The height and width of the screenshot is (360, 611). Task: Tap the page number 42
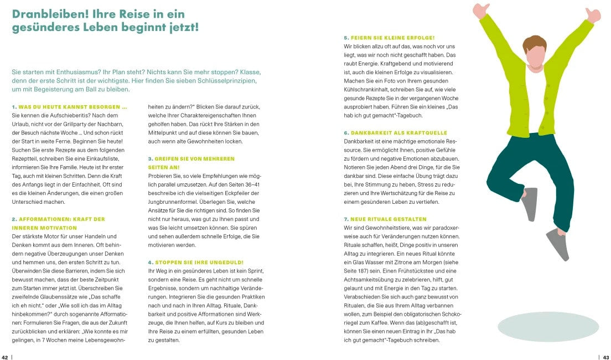pos(4,357)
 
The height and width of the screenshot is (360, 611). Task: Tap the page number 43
pos(606,357)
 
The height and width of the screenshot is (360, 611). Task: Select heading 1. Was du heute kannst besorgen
pos(69,106)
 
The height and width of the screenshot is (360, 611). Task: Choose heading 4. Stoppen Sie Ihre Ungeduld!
pos(195,261)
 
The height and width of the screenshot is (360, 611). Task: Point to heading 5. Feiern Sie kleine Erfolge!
pos(389,37)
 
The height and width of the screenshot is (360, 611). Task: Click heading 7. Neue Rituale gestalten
pos(385,219)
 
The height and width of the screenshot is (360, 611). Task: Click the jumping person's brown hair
pos(534,43)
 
